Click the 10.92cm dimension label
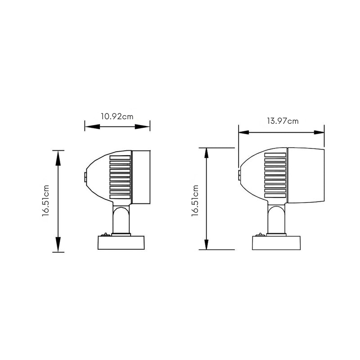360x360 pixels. click(x=117, y=116)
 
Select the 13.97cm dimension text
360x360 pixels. click(x=282, y=121)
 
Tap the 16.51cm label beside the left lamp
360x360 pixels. click(x=46, y=201)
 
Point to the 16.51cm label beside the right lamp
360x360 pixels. click(x=195, y=201)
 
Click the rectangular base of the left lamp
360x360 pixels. click(x=121, y=243)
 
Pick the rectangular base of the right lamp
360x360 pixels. click(x=276, y=243)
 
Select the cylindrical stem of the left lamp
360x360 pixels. click(x=121, y=220)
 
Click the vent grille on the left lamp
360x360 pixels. click(x=120, y=177)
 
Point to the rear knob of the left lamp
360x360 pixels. click(x=85, y=176)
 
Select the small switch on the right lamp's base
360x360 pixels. click(x=260, y=234)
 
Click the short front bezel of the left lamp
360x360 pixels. click(x=140, y=176)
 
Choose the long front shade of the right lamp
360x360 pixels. click(x=305, y=175)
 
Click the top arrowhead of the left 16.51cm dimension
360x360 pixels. click(x=58, y=155)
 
